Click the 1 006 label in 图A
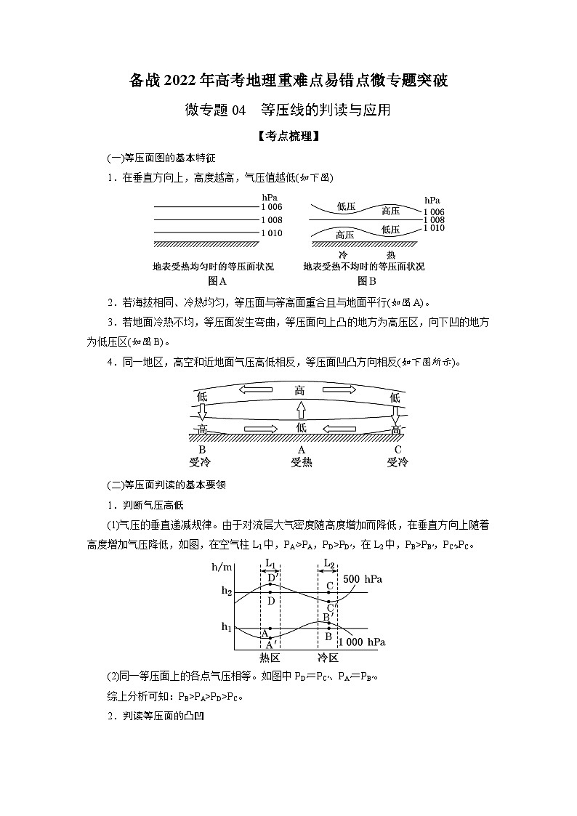click(x=270, y=207)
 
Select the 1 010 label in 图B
click(x=434, y=228)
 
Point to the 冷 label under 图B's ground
click(x=344, y=255)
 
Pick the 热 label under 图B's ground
click(x=390, y=255)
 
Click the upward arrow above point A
click(x=300, y=412)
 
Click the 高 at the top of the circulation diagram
click(x=300, y=390)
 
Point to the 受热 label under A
click(x=301, y=461)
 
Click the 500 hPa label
click(x=363, y=579)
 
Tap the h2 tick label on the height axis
click(x=227, y=591)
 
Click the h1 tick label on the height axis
click(x=227, y=627)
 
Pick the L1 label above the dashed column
click(x=269, y=563)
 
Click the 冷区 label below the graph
click(x=328, y=658)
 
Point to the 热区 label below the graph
click(x=270, y=658)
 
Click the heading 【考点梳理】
click(x=288, y=135)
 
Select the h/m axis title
click(x=221, y=568)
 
